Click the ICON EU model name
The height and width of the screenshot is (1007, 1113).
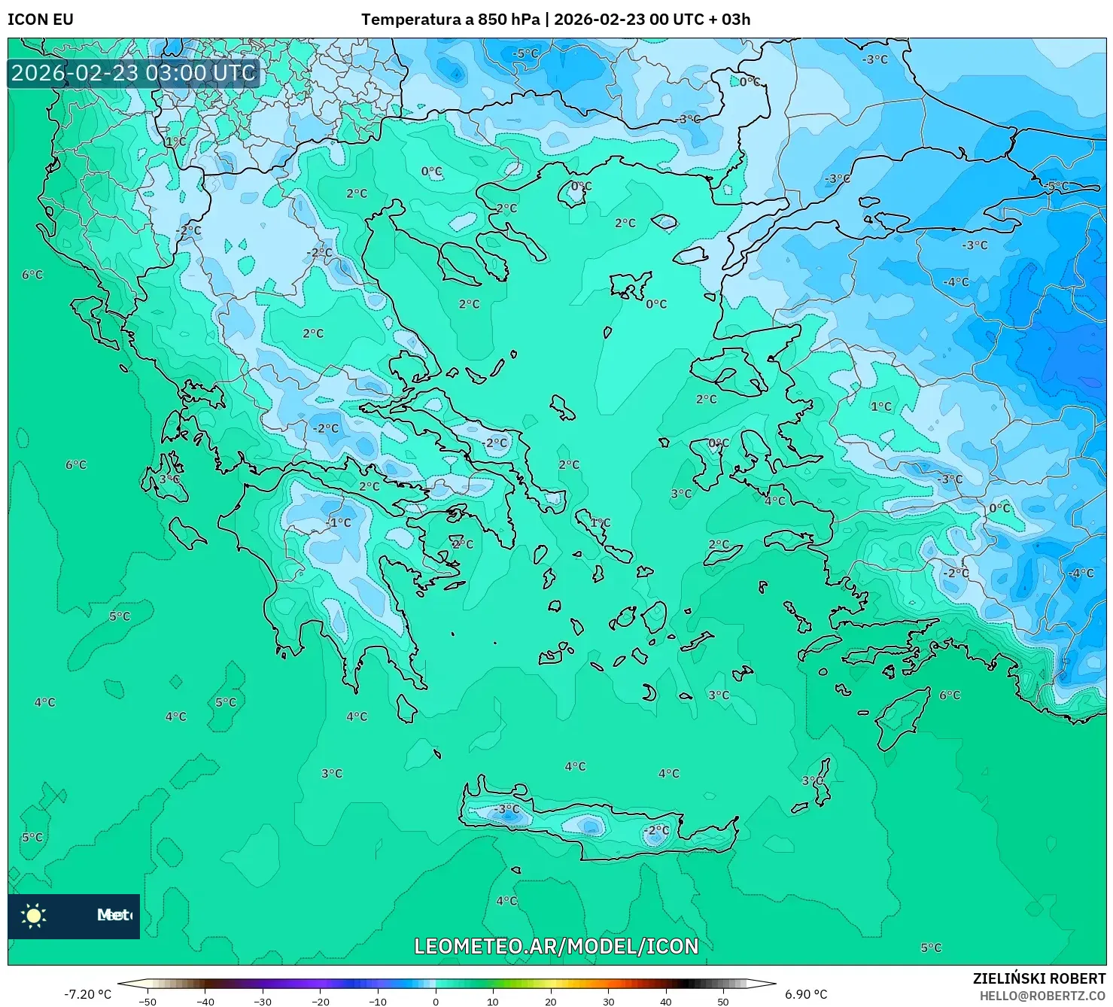point(41,20)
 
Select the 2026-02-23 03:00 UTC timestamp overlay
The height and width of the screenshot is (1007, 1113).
point(133,73)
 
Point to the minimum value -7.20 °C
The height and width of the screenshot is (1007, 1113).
point(87,994)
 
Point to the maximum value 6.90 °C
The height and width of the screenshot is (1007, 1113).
point(805,994)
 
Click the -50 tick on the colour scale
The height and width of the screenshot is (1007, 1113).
point(147,1001)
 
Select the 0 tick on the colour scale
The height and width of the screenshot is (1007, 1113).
point(435,1001)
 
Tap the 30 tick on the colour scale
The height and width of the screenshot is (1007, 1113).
point(608,1001)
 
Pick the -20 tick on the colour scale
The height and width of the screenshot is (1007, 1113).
point(320,1001)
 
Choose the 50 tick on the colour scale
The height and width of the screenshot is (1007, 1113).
point(723,1001)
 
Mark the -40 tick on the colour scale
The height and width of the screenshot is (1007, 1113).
point(205,1001)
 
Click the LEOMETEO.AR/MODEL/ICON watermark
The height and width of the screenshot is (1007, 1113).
point(556,946)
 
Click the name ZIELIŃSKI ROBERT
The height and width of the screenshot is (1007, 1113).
point(1038,978)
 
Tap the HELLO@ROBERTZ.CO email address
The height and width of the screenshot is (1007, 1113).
point(1042,996)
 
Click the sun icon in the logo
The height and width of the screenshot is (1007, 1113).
point(34,915)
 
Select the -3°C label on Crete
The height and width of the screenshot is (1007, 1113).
point(507,809)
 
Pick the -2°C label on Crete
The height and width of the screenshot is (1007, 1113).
point(656,830)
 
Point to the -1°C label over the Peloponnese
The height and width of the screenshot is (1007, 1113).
point(339,522)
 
